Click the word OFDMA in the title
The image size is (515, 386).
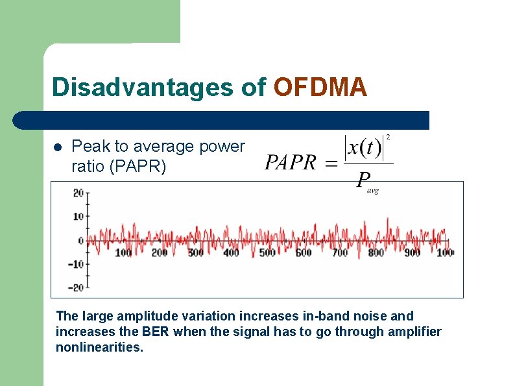[320, 88]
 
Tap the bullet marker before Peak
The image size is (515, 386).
[57, 147]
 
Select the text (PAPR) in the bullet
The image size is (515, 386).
[138, 167]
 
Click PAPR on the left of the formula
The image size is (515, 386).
[290, 162]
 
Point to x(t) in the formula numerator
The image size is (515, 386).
[363, 148]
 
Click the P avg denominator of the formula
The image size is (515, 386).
[366, 181]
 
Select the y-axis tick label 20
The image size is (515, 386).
[78, 193]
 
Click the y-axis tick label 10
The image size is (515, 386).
[78, 217]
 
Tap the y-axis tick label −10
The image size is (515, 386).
[76, 264]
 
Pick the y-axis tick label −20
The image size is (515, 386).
[76, 287]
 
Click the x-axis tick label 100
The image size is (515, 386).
[123, 252]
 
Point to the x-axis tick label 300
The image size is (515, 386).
[195, 252]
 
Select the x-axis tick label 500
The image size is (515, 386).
[267, 252]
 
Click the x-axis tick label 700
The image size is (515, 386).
[340, 252]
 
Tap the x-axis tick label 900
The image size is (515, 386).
[412, 252]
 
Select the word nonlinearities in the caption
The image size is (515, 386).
[99, 347]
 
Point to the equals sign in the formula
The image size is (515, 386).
[331, 163]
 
